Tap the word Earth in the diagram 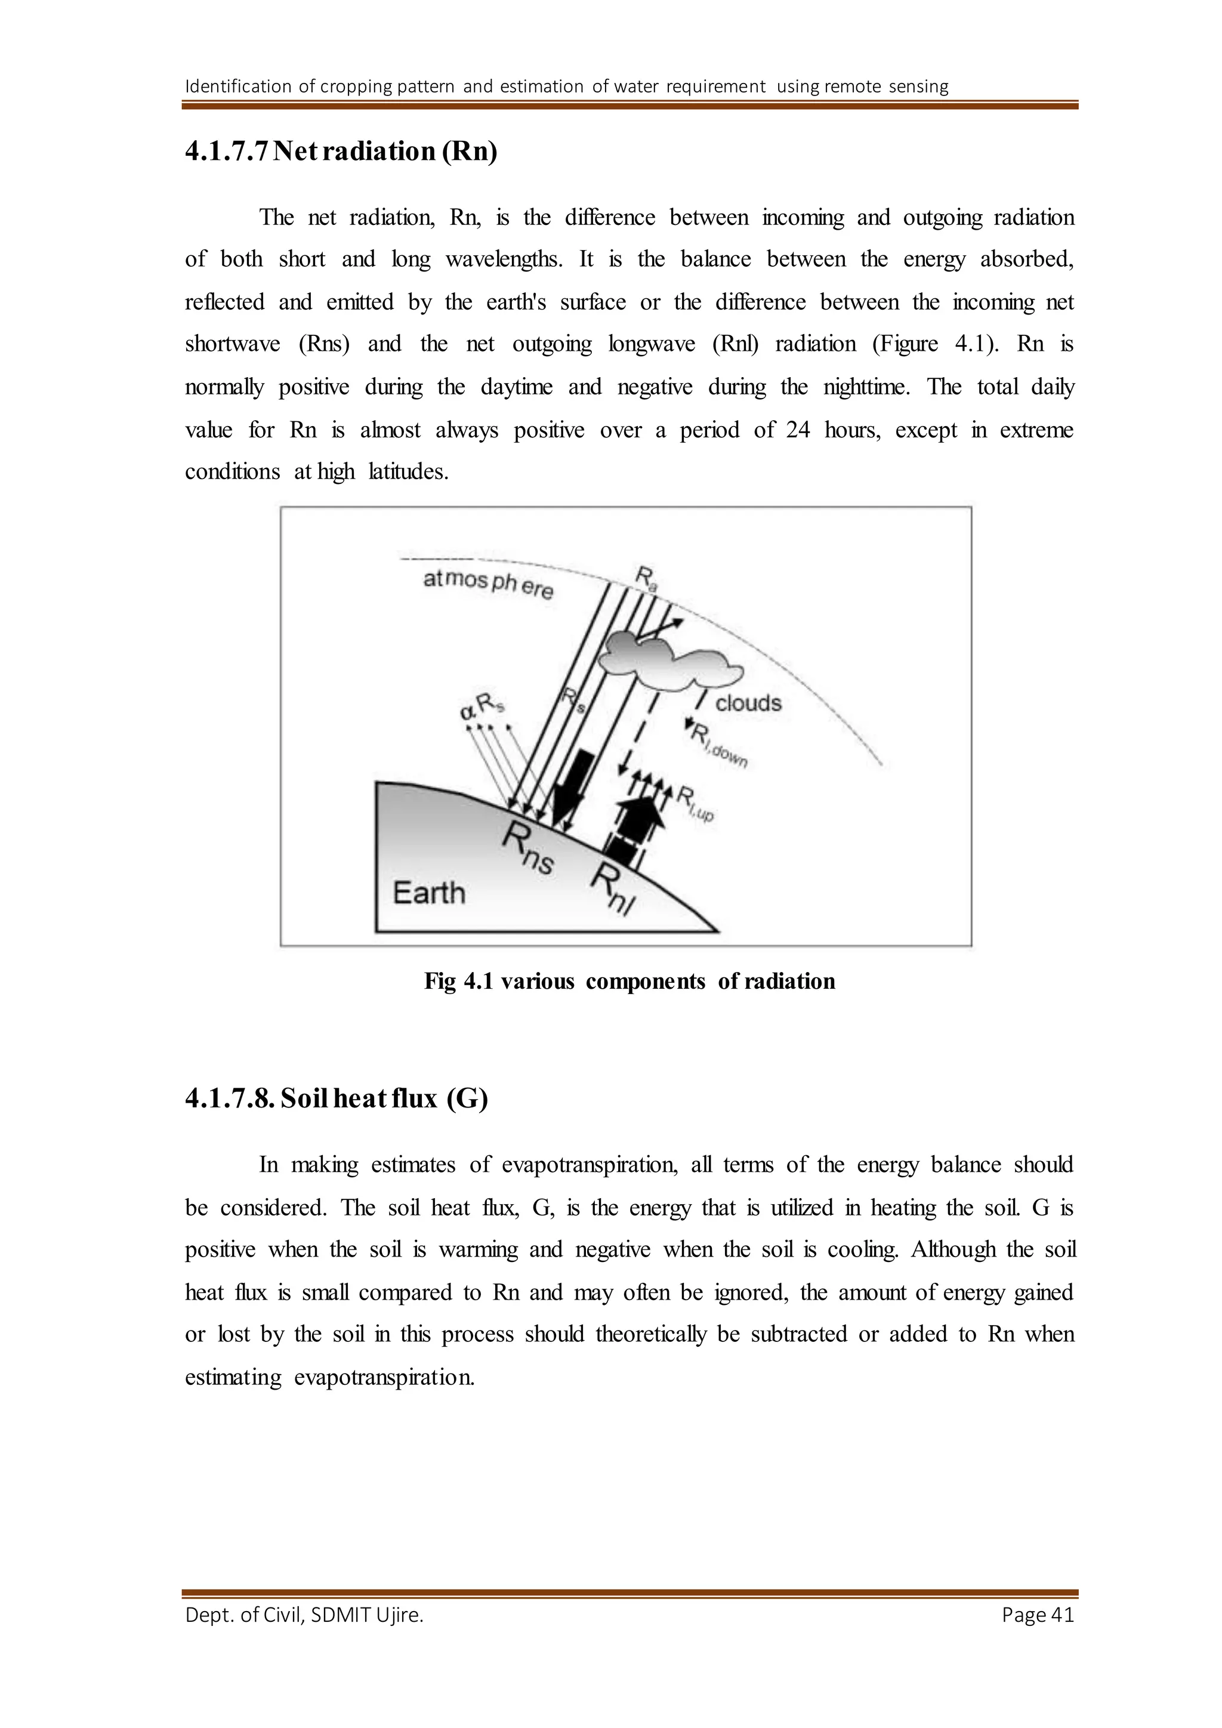(429, 893)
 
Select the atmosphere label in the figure (487, 584)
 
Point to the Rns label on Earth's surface (528, 848)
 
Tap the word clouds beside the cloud (748, 703)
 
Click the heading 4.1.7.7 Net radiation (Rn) (341, 152)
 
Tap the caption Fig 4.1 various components (629, 981)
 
